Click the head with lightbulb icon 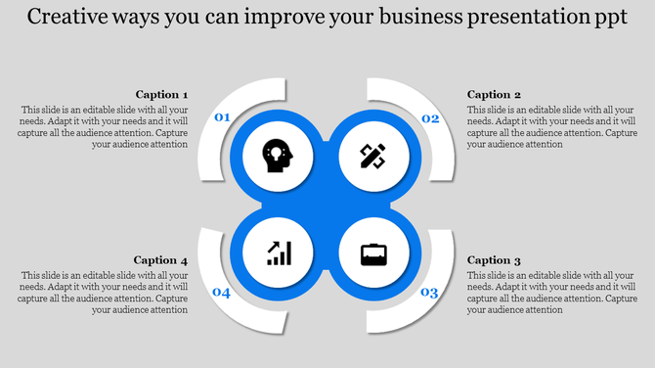[278, 156]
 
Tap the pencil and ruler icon [372, 156]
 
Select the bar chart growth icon [279, 253]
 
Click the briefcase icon [372, 254]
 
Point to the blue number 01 [222, 118]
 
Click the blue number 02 [429, 118]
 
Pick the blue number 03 [429, 293]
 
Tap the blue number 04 [222, 293]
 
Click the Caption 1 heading [160, 95]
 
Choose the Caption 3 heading [495, 260]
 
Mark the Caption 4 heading [160, 260]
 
